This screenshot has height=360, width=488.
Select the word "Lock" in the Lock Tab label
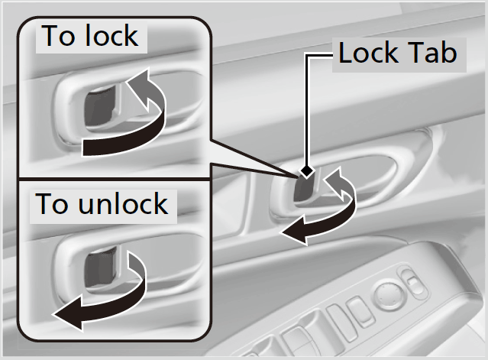[369, 53]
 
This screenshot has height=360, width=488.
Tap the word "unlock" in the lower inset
[123, 203]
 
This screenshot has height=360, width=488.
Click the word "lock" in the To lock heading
[111, 35]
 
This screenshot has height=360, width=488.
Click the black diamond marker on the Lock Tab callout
[306, 171]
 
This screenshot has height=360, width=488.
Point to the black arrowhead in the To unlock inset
[68, 313]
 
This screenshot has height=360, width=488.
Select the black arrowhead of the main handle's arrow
[293, 232]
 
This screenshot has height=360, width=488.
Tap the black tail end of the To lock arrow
[83, 148]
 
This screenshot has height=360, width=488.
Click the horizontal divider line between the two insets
[115, 179]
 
